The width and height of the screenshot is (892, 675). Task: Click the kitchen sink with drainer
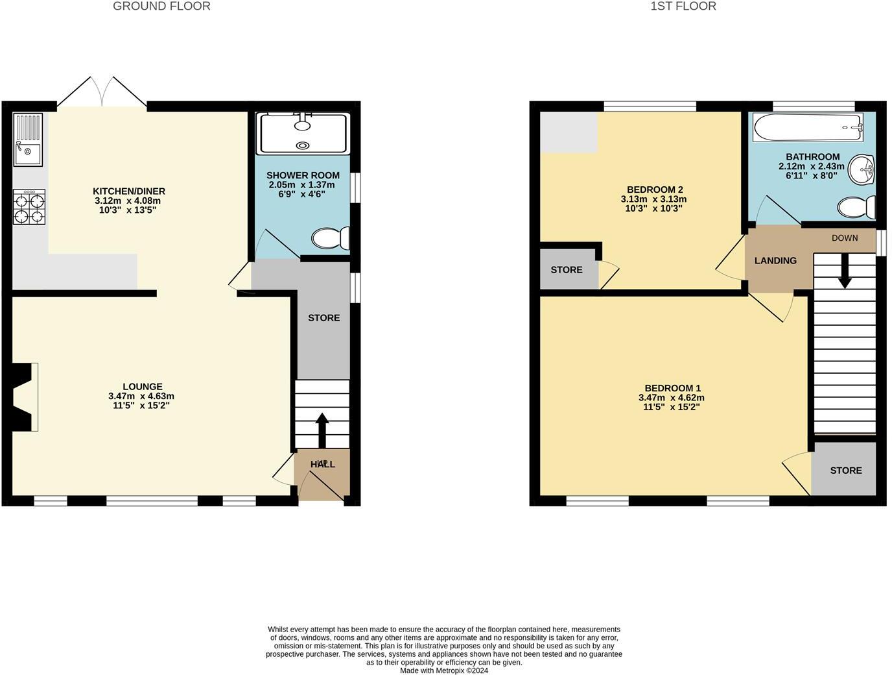[x=28, y=140]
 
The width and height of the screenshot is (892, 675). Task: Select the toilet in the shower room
[x=331, y=238]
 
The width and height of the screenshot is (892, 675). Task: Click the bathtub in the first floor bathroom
[x=808, y=128]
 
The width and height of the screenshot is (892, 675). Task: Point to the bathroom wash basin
[x=863, y=171]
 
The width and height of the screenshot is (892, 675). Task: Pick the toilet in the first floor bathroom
[x=856, y=208]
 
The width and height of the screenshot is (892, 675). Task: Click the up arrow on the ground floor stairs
[x=322, y=429]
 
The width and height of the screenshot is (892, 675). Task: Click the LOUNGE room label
[x=143, y=387]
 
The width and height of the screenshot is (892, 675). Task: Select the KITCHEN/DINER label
[x=129, y=191]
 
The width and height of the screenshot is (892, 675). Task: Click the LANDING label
[x=775, y=261]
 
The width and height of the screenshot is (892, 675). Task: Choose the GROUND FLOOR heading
[x=161, y=6]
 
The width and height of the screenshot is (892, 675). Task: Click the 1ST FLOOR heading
[x=683, y=6]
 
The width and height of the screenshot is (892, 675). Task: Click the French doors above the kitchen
[x=102, y=92]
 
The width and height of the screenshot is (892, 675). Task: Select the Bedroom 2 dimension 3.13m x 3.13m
[x=653, y=199]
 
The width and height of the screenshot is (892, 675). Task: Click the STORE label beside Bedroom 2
[x=567, y=270]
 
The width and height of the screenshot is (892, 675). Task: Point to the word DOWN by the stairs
[x=845, y=238]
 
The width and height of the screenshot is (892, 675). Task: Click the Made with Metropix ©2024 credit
[x=444, y=670]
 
